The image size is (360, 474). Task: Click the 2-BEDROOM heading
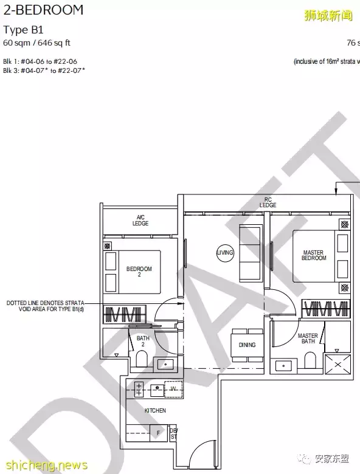click(x=43, y=10)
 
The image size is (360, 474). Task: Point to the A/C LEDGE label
click(x=140, y=221)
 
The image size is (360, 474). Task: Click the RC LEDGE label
click(x=268, y=202)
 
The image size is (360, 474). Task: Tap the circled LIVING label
click(x=225, y=253)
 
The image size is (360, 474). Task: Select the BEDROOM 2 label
click(x=139, y=272)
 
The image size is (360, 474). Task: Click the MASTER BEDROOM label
click(x=313, y=255)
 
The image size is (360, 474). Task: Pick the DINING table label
click(x=247, y=345)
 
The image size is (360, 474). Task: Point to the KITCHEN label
click(x=155, y=411)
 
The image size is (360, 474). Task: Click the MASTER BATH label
click(x=307, y=339)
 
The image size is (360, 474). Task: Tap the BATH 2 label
click(x=143, y=342)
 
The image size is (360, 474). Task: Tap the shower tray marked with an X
click(x=338, y=365)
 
